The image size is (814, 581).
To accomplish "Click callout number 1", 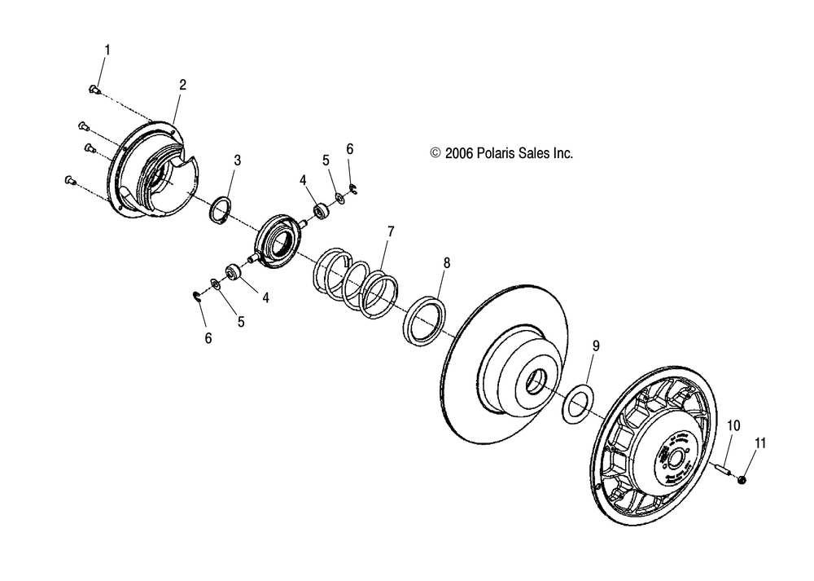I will pyautogui.click(x=107, y=50).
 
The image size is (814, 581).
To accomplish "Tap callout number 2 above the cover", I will pyautogui.click(x=182, y=84).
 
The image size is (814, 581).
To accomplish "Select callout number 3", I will pyautogui.click(x=238, y=160).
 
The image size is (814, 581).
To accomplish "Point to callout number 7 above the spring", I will pyautogui.click(x=390, y=232).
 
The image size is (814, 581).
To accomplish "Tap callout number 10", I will pyautogui.click(x=733, y=425).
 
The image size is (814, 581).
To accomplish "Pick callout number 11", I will pyautogui.click(x=760, y=443).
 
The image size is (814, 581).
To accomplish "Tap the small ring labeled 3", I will pyautogui.click(x=218, y=211).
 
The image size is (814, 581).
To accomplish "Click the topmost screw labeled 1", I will pyautogui.click(x=94, y=89).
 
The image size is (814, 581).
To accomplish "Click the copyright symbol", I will pyautogui.click(x=435, y=152).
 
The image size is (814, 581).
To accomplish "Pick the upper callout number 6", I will pyautogui.click(x=350, y=149).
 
